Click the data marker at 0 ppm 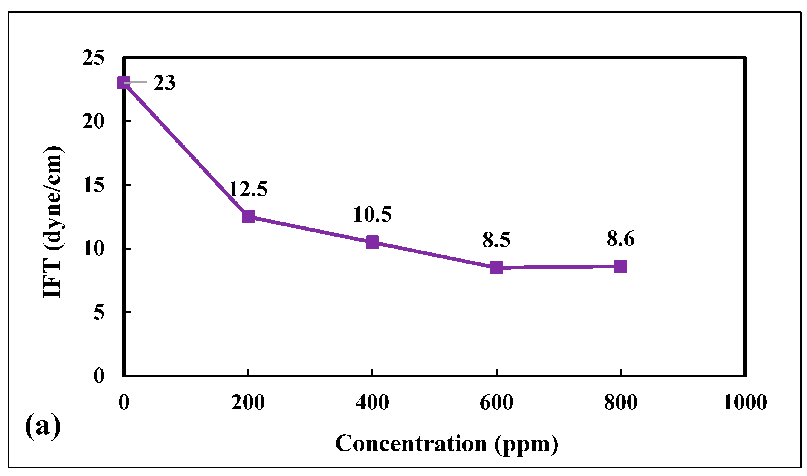point(124,83)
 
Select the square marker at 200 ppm point(248,216)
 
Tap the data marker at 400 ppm point(372,242)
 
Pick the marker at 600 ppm point(497,267)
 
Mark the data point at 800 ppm point(621,266)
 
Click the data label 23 point(164,83)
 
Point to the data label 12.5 point(248,189)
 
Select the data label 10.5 point(372,215)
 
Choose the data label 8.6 point(620,239)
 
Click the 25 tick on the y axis point(93,58)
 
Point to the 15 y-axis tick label point(93,185)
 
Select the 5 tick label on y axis point(99,312)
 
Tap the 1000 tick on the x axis point(745,403)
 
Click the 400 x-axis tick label point(372,403)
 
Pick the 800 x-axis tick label point(621,403)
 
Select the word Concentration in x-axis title point(411,444)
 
